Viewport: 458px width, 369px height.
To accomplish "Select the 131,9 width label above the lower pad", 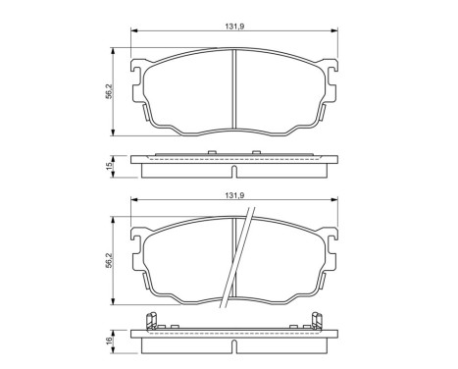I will tap(230, 195).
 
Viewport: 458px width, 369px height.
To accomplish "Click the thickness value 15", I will tap(110, 166).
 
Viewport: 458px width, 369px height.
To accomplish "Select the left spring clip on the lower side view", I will tap(151, 320).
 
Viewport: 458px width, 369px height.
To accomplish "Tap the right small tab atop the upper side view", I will tap(255, 150).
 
